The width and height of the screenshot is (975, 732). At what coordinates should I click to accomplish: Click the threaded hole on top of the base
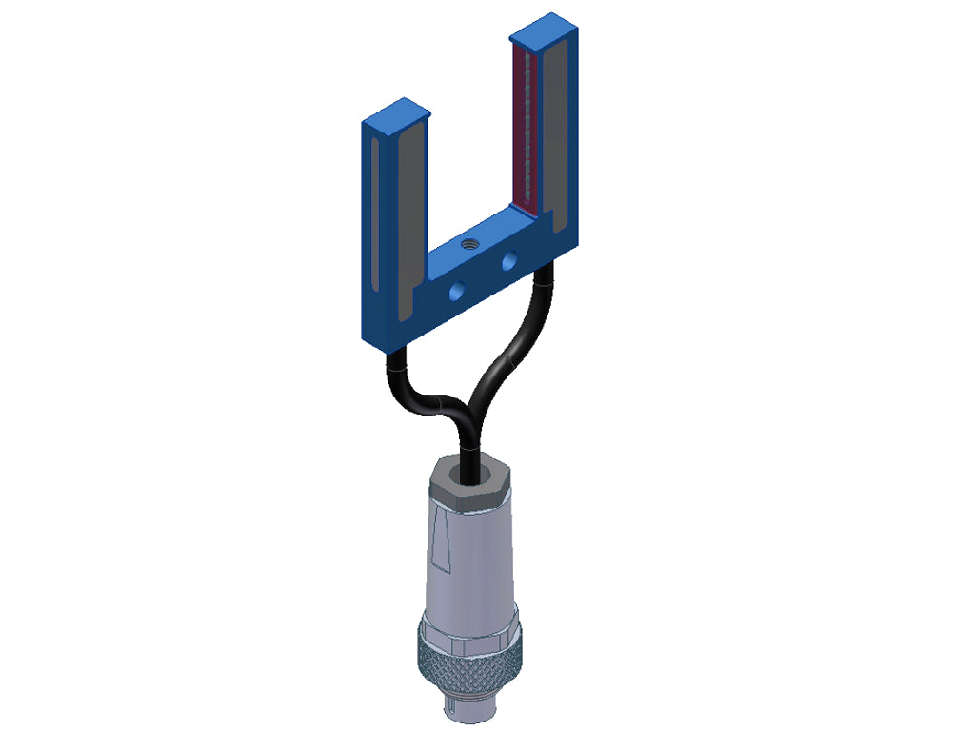[469, 244]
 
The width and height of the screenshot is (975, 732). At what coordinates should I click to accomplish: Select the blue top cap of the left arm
[396, 112]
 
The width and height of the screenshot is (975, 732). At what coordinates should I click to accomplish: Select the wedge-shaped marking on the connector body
[442, 543]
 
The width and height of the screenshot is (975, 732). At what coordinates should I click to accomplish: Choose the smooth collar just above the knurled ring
[467, 624]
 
